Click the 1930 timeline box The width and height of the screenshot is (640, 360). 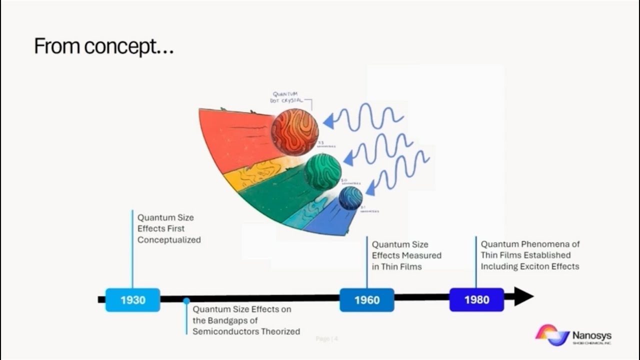point(132,300)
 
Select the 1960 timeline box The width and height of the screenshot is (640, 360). point(367,300)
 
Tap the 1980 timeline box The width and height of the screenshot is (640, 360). point(476,300)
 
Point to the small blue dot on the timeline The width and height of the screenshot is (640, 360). point(186,301)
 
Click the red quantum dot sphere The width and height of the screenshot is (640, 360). point(295,132)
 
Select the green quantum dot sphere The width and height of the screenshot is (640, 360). point(322,171)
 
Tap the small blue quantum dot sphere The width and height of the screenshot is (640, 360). point(350,198)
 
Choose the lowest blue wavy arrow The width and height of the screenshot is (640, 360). point(400,172)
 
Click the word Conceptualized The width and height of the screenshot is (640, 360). point(169,240)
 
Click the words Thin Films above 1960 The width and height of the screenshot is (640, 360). point(401,267)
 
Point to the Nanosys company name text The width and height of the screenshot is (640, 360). point(592,335)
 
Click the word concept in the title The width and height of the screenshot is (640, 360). point(120,46)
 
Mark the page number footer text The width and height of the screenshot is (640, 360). point(327,339)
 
